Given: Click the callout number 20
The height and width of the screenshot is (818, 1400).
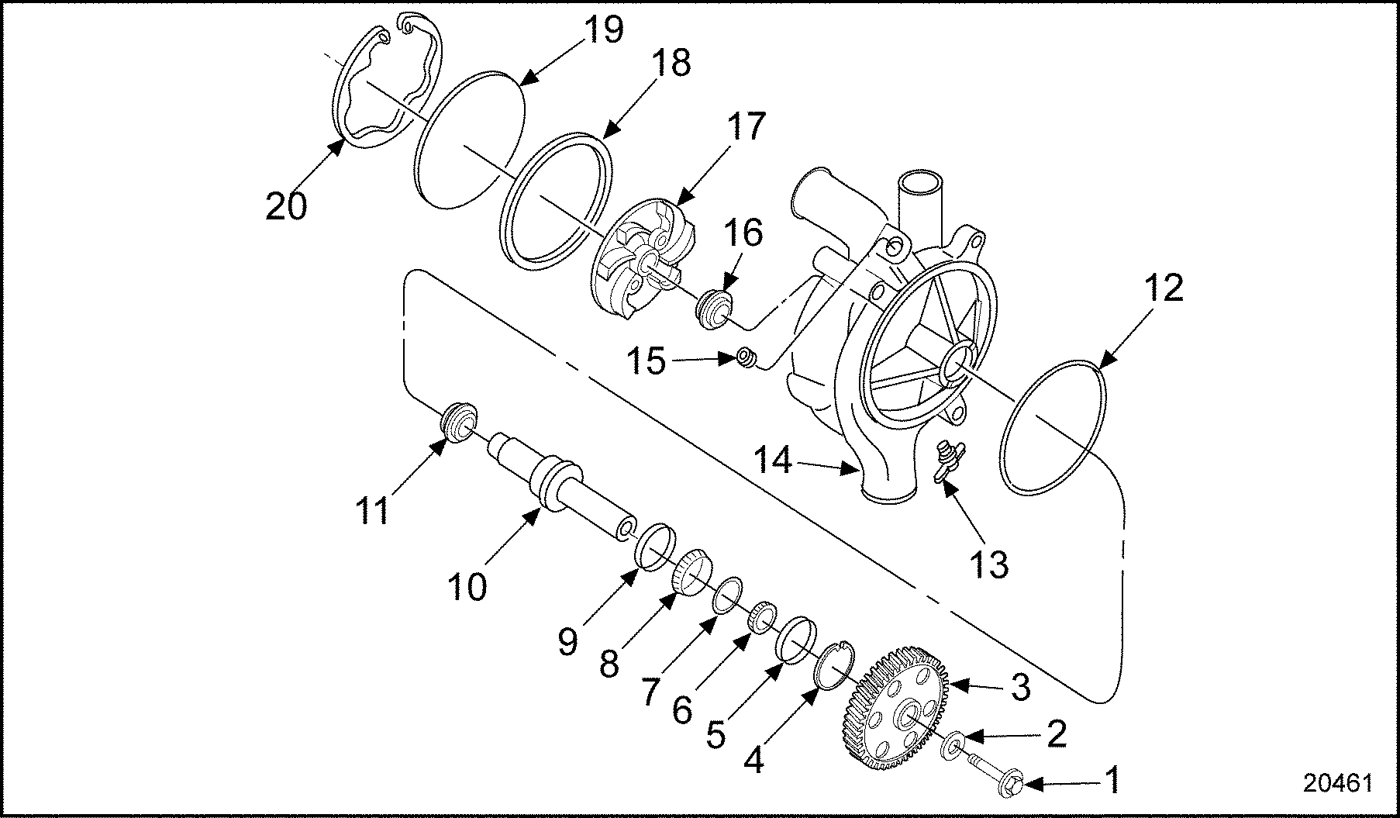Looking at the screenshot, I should (x=286, y=206).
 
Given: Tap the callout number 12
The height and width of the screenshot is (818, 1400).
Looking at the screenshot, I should (x=1163, y=288).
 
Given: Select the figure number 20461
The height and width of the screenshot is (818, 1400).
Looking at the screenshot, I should (x=1337, y=783).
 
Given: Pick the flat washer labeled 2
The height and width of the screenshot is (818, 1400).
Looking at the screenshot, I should (x=953, y=745).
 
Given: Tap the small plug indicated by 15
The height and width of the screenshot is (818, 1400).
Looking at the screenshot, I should (x=747, y=359).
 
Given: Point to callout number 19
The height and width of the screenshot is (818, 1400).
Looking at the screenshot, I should (x=602, y=29).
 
